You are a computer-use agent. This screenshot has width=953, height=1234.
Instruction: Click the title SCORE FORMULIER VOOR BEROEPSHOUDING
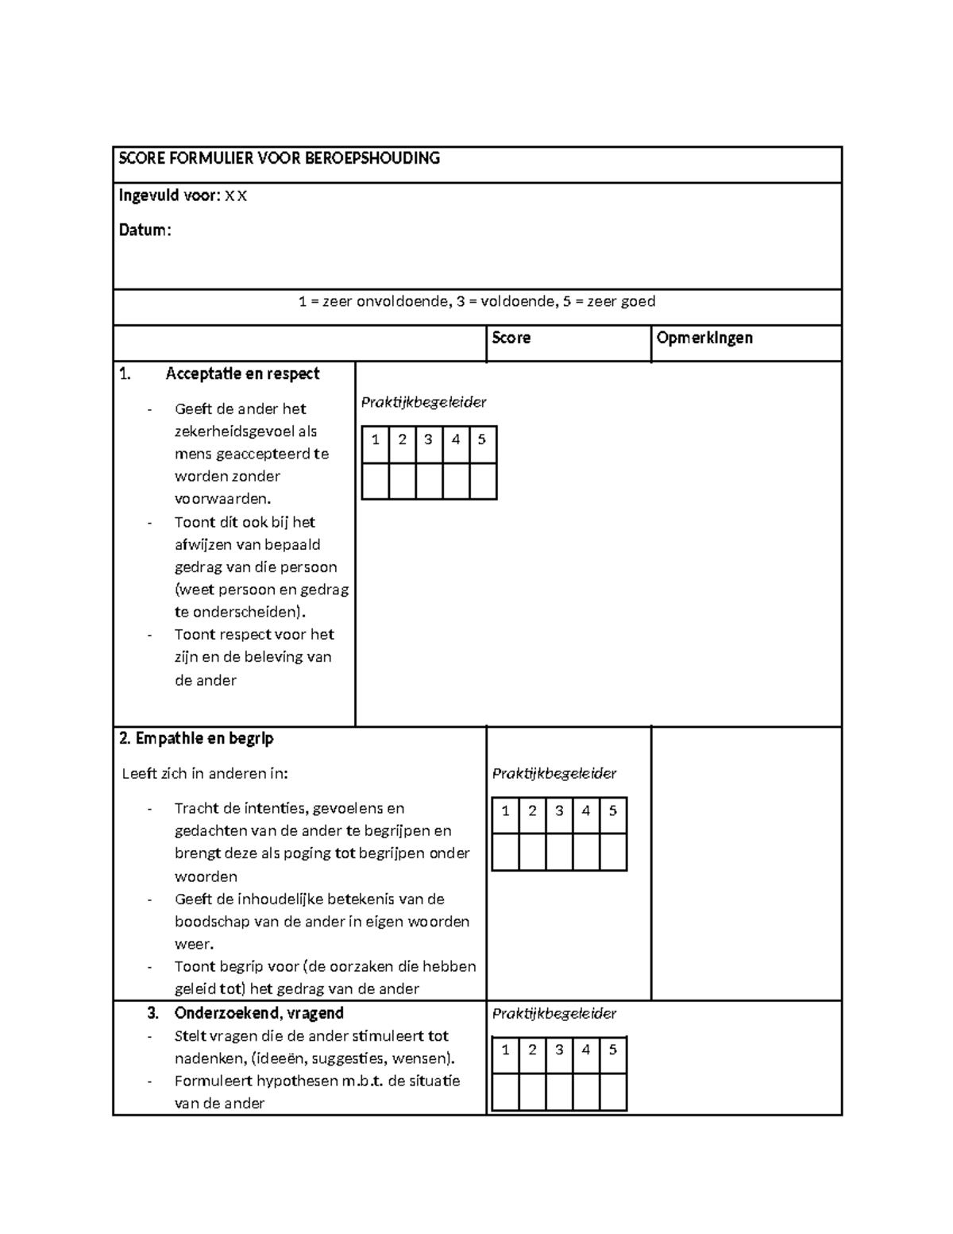click(x=279, y=158)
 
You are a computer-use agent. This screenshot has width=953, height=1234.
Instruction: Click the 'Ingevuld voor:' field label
click(x=168, y=195)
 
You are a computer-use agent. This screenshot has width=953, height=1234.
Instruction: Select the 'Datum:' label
click(x=145, y=230)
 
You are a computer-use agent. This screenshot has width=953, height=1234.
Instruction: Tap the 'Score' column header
click(x=511, y=338)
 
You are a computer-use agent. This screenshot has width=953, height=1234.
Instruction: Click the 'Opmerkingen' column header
click(x=704, y=338)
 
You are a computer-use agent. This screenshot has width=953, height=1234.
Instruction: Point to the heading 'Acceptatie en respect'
click(x=242, y=373)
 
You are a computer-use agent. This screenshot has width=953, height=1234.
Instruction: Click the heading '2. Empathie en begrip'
click(x=196, y=738)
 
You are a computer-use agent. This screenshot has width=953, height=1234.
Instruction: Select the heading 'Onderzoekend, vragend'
click(x=259, y=1013)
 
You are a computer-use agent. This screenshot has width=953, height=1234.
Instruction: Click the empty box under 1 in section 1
click(x=376, y=482)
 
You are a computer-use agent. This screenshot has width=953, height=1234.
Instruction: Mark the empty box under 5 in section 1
click(x=483, y=482)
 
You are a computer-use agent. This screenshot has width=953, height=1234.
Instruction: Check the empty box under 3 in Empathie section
click(x=559, y=852)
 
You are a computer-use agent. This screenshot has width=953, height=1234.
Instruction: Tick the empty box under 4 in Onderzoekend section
click(x=586, y=1092)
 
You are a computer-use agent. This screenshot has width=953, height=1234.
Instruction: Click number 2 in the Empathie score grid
click(x=532, y=811)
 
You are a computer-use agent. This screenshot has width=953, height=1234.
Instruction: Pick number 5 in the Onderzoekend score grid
click(x=612, y=1050)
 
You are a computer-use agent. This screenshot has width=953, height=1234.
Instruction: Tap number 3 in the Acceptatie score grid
click(x=429, y=439)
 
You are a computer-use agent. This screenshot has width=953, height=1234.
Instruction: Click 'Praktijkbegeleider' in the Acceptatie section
click(x=423, y=402)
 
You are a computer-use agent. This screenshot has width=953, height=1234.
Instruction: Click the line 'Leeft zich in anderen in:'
click(x=205, y=773)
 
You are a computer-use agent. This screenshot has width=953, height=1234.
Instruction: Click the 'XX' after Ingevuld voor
click(x=236, y=196)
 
